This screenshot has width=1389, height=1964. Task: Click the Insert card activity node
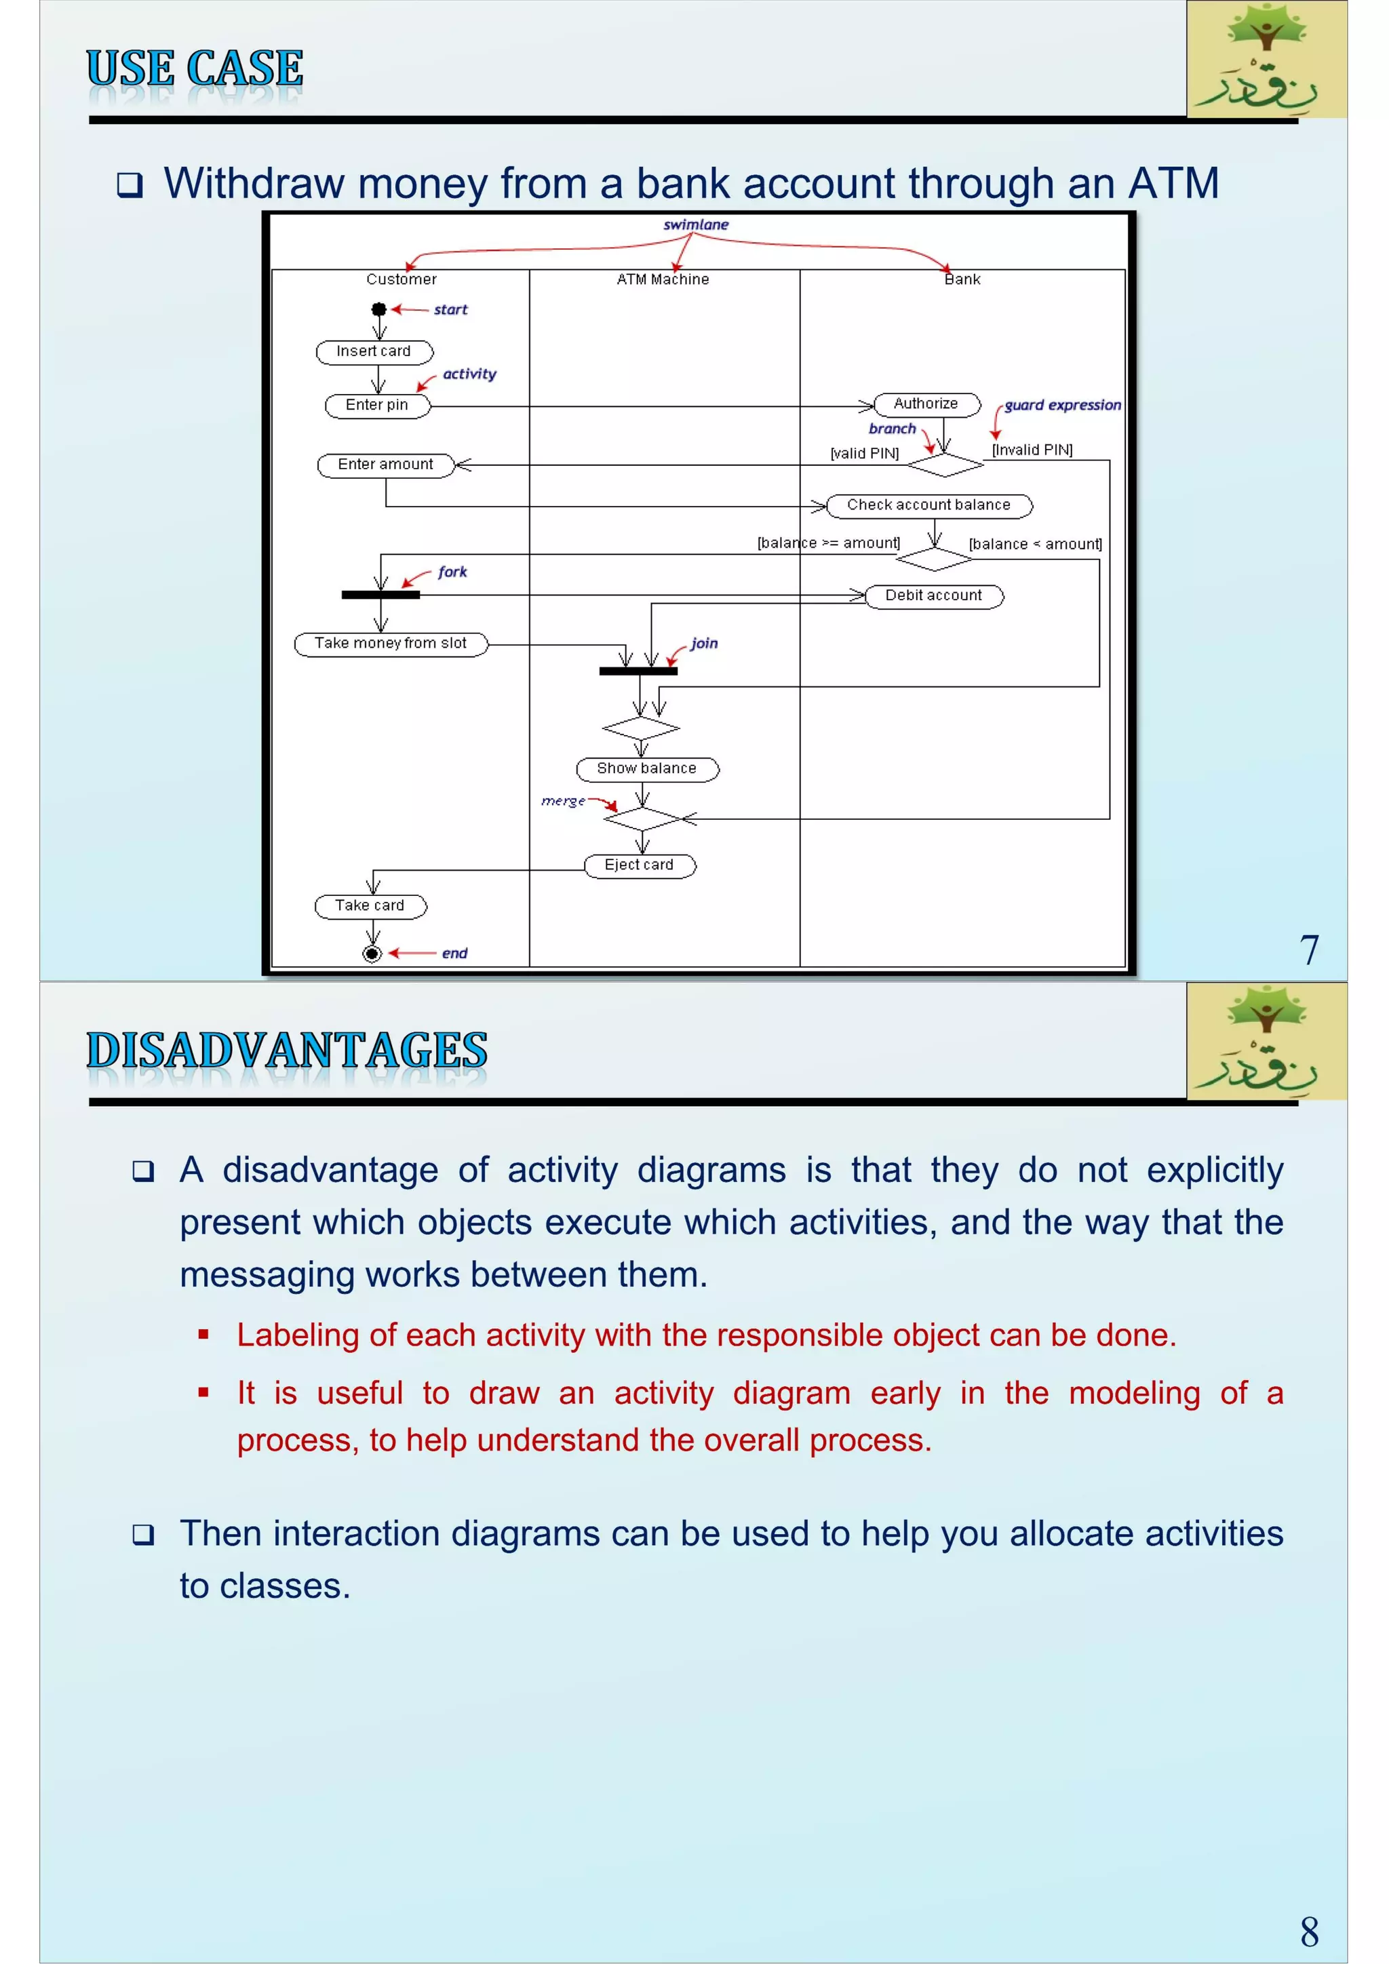click(374, 351)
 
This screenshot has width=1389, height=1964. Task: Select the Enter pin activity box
click(377, 406)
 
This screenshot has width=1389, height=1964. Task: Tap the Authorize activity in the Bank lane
click(926, 404)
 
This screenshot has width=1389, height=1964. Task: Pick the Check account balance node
click(929, 505)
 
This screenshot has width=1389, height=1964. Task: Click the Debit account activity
click(934, 595)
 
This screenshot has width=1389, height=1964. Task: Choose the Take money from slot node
click(391, 644)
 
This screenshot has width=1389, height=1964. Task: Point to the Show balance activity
click(646, 769)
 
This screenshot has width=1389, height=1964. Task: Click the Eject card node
click(640, 865)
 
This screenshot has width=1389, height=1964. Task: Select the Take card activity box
click(370, 906)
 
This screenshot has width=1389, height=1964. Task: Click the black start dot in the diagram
click(379, 310)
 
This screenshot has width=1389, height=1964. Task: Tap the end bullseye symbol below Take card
click(372, 953)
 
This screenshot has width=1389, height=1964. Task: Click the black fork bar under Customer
click(380, 595)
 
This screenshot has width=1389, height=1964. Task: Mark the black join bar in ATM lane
click(638, 671)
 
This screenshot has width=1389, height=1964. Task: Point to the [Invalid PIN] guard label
click(1032, 450)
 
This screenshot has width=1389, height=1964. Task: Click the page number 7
click(1308, 950)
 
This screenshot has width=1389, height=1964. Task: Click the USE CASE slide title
click(195, 68)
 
